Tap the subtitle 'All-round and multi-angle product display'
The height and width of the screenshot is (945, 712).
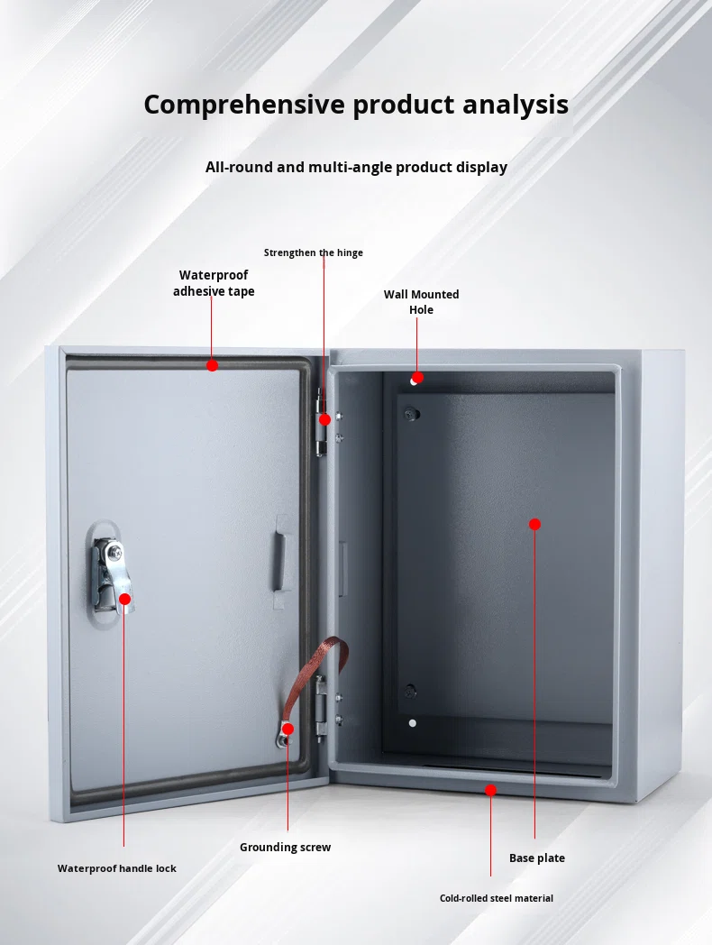pos(356,167)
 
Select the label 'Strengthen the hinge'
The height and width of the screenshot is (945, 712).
pos(314,252)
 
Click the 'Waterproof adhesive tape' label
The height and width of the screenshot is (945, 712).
pos(214,282)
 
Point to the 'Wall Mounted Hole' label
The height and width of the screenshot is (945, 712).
pos(421,302)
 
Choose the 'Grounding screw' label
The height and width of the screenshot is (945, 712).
pos(285,848)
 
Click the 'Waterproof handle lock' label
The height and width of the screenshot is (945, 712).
pos(117,868)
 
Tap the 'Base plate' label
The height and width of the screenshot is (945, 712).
pos(537,858)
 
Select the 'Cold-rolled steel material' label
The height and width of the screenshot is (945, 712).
pos(497,898)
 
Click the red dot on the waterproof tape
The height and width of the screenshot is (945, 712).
pos(212,365)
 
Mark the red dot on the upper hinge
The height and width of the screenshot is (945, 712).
pos(324,419)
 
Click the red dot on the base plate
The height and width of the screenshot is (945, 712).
pos(535,524)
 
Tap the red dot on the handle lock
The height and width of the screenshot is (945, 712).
pos(124,599)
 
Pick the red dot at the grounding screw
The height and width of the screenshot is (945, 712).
pos(288,729)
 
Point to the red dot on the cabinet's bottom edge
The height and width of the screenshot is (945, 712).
pos(491,790)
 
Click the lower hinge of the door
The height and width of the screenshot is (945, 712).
pos(321,708)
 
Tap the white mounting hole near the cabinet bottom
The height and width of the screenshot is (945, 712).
pos(413,723)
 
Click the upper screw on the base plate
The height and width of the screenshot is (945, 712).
pos(412,414)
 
